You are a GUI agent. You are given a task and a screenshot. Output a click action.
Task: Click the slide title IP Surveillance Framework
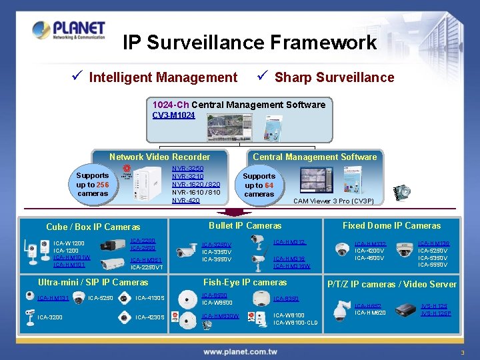(250, 43)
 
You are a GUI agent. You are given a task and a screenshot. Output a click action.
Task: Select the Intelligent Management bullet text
(163, 77)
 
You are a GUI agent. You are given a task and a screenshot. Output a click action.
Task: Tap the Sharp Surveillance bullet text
(334, 77)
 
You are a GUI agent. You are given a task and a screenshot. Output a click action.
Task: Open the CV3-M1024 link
(173, 115)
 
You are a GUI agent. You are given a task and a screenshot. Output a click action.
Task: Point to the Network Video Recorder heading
(159, 157)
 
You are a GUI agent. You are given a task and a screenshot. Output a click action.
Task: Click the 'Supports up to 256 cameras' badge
(93, 185)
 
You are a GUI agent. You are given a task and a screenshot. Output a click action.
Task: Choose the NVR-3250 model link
(188, 169)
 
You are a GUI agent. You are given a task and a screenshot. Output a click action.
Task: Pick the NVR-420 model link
(185, 201)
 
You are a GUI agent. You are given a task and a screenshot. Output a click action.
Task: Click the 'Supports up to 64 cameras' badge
(259, 185)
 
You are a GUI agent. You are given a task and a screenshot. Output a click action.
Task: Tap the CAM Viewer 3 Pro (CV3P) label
(333, 201)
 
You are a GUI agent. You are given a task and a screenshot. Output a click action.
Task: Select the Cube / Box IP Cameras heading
(93, 227)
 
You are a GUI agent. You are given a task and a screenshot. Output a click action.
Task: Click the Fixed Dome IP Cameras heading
(391, 225)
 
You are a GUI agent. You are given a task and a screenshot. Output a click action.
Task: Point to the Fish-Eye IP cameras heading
(245, 282)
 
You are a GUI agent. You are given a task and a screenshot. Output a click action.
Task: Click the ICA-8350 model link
(286, 299)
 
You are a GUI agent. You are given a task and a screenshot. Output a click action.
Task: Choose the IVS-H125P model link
(436, 313)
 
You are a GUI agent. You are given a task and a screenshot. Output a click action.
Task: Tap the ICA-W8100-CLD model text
(295, 323)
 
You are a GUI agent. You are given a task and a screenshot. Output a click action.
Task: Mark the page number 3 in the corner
(461, 351)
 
